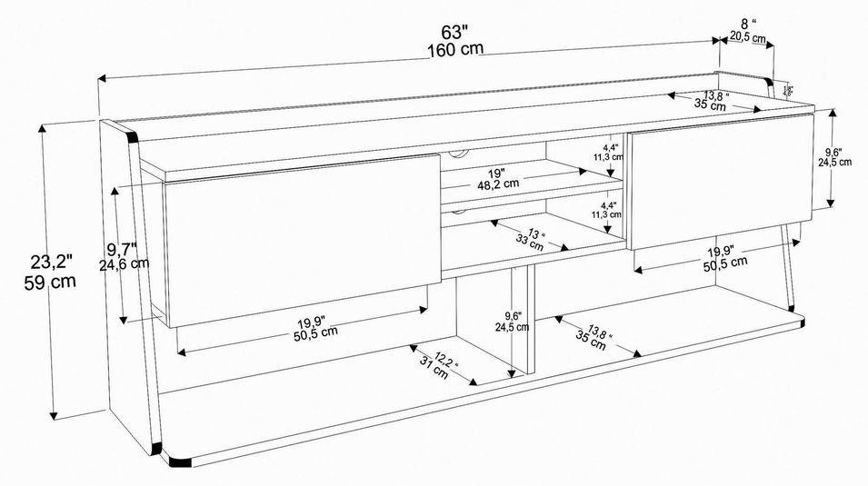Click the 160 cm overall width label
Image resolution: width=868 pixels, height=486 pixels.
click(455, 49)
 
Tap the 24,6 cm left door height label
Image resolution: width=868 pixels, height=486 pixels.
click(126, 264)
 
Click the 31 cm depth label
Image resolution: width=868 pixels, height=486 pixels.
click(434, 368)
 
